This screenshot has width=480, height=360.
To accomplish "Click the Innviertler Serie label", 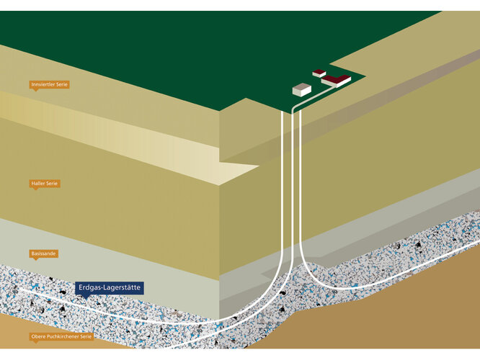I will click(50, 85).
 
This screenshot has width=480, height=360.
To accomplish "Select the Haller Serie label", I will click(45, 184).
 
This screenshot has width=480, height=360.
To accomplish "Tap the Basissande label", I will click(44, 253).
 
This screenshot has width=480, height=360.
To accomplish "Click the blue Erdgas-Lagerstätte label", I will click(110, 288).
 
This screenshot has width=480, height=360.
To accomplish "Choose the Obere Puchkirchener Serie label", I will click(63, 336).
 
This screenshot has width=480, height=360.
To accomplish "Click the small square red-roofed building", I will click(319, 73).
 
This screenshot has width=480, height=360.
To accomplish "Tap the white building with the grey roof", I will click(301, 89).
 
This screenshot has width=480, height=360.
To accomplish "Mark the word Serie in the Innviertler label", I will click(62, 85).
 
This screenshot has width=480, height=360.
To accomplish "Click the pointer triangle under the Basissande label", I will click(34, 259).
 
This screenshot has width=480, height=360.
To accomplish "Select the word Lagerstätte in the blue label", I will click(123, 288).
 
